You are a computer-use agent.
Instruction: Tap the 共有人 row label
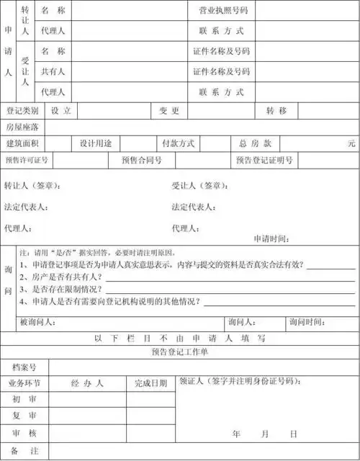[x=53, y=72]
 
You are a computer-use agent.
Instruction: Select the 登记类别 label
[x=22, y=111]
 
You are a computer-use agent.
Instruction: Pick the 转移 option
[x=276, y=111]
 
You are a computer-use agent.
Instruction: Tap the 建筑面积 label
[x=22, y=143]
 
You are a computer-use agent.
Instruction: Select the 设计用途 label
[x=95, y=143]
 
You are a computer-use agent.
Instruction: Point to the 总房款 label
[x=255, y=143]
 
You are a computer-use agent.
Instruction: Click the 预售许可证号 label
[x=26, y=160]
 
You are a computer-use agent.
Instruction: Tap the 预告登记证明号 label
[x=264, y=160]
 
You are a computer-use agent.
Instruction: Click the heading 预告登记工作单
[x=179, y=351]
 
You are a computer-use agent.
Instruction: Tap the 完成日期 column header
[x=150, y=383]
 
